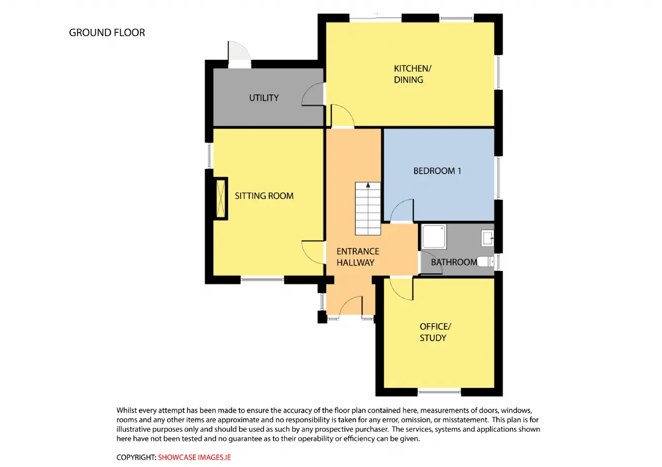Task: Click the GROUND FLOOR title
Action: click(x=107, y=33)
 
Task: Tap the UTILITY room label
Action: click(x=264, y=98)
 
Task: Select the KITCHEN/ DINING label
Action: click(x=413, y=74)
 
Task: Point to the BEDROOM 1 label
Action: click(x=437, y=171)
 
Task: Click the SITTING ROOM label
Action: click(x=264, y=196)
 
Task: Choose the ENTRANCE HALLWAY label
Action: click(x=358, y=257)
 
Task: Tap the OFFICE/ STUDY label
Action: click(x=435, y=332)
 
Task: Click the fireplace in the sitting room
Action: click(x=220, y=199)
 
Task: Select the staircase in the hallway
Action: click(x=368, y=208)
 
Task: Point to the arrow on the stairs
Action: click(x=368, y=185)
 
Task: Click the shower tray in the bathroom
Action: click(x=434, y=237)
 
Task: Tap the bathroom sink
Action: click(x=488, y=238)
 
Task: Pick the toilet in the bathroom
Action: click(x=485, y=261)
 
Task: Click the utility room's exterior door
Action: click(x=239, y=55)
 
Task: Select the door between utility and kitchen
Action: click(x=313, y=94)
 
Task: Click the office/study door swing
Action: click(x=401, y=289)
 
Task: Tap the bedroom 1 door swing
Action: click(x=402, y=210)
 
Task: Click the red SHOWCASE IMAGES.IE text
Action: click(x=194, y=457)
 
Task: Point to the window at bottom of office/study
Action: click(x=439, y=392)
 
